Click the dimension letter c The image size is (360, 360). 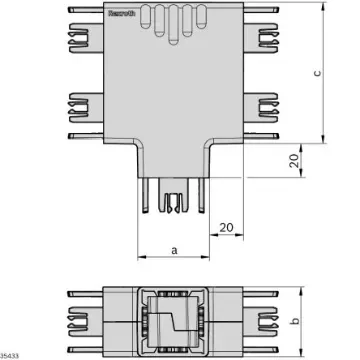click(343, 73)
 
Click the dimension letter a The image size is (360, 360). click(174, 252)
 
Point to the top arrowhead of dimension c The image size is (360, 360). click(328, 11)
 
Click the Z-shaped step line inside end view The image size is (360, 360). click(172, 320)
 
